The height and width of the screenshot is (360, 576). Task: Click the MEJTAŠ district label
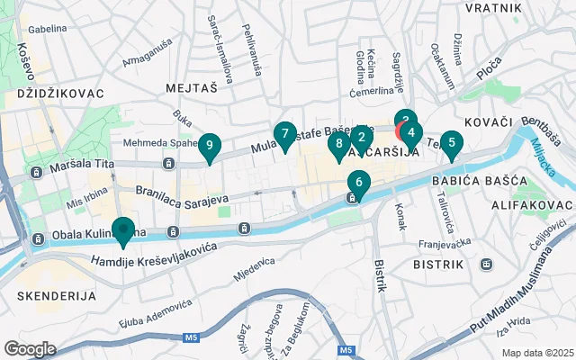192,88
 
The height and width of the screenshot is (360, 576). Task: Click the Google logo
30,348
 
